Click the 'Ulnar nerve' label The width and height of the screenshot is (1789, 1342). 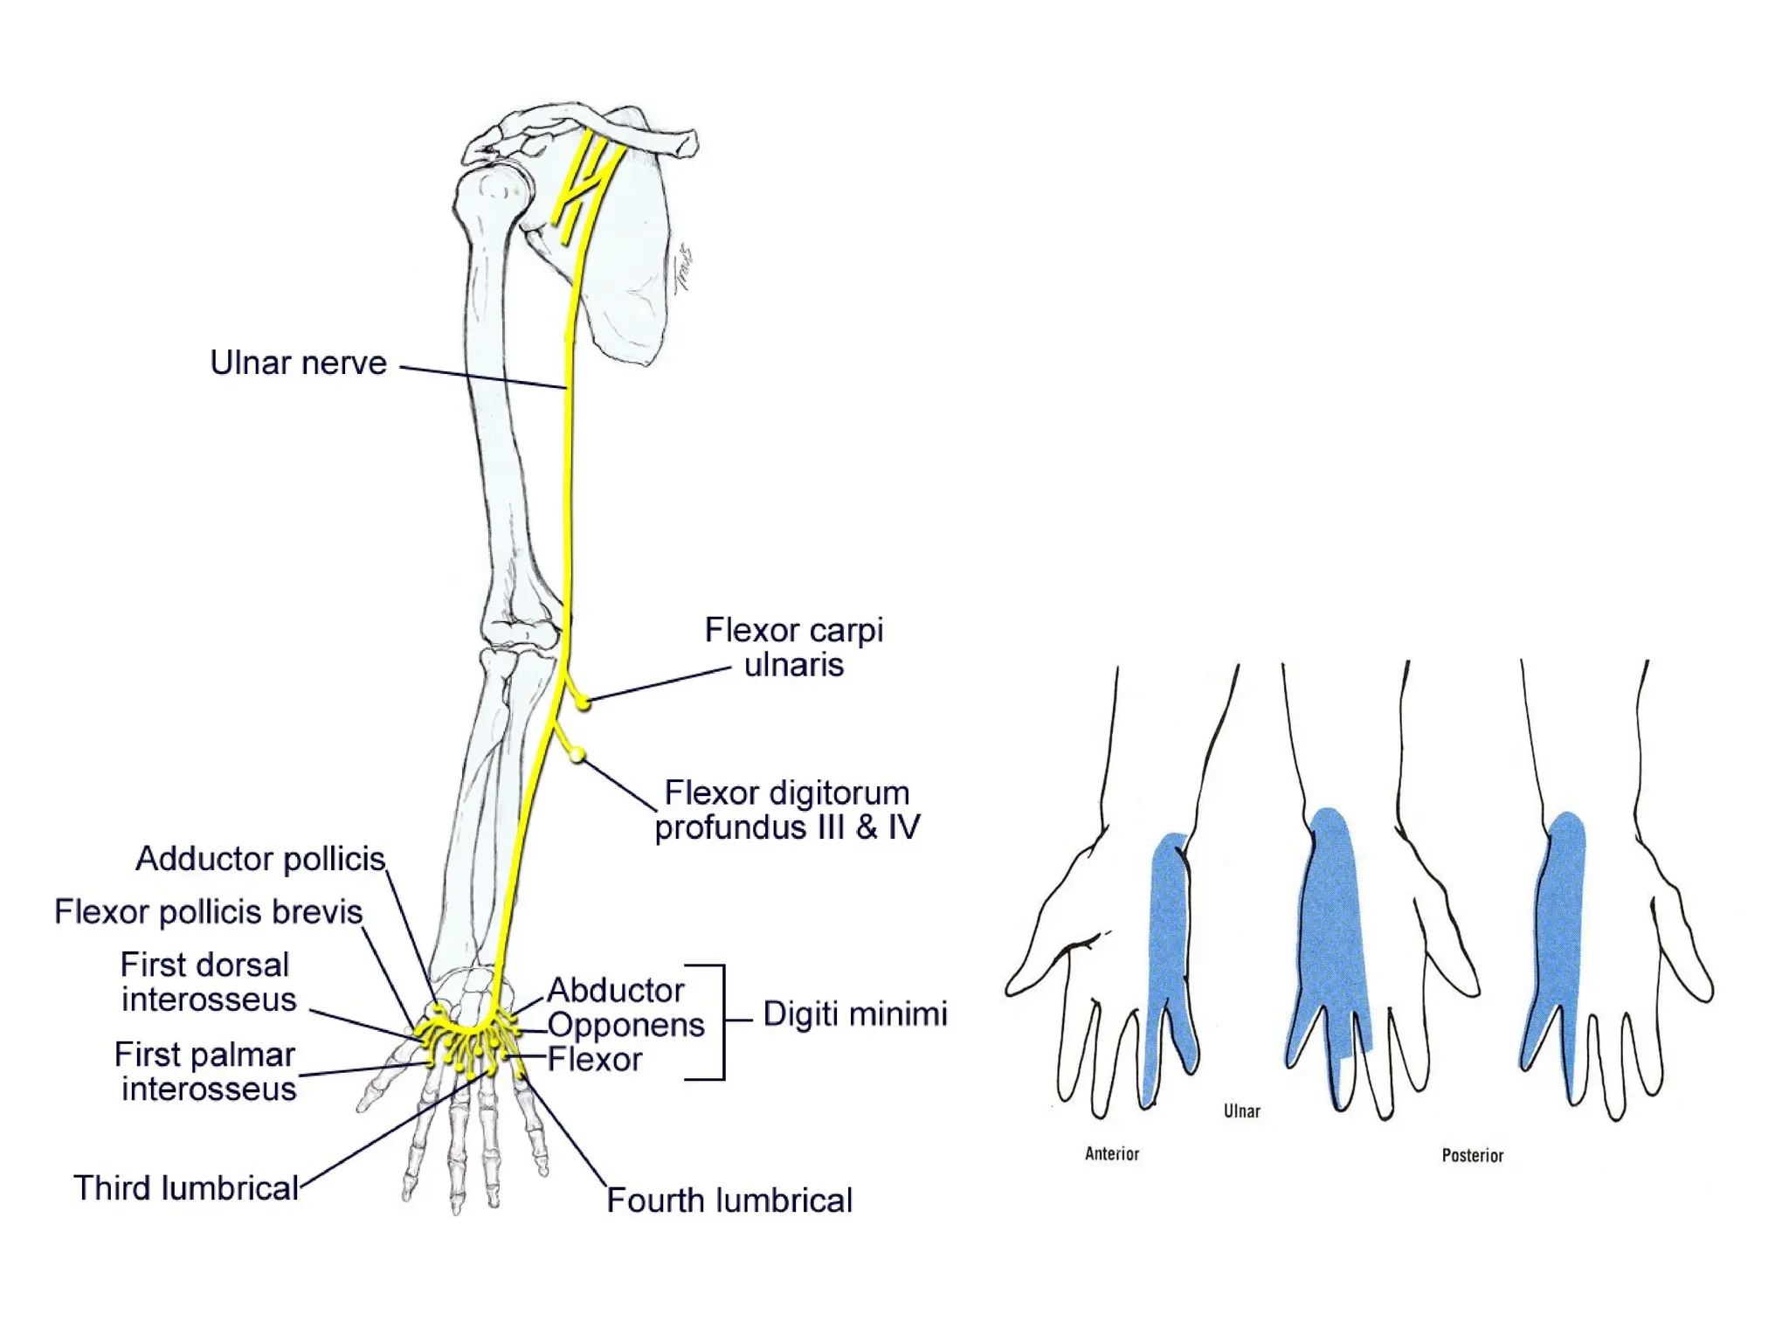pos(298,363)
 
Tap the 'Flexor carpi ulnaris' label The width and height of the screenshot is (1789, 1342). pos(793,647)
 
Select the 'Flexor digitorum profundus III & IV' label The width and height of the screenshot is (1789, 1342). pos(786,810)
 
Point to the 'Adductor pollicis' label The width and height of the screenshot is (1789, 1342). pos(260,859)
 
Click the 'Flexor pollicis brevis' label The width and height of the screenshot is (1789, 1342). pos(208,912)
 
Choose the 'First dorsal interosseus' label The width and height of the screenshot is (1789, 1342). pos(208,982)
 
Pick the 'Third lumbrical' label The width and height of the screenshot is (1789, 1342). pos(186,1188)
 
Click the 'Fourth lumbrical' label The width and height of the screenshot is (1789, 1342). pos(729,1200)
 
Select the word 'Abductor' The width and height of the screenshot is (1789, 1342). pos(615,991)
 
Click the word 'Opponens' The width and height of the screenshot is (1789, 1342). pos(625,1025)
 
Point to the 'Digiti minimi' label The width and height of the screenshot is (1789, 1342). pos(854,1014)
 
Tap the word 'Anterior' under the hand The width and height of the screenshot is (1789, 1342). pos(1112,1154)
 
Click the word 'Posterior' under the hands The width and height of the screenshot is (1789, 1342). pos(1472,1156)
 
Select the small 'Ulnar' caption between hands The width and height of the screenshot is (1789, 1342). pos(1241,1111)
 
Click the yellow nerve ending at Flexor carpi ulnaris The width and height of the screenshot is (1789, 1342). pos(583,702)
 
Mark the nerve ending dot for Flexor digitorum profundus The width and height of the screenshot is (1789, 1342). pos(577,755)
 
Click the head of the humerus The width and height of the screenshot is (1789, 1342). pos(492,192)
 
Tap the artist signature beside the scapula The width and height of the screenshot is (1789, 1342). pos(683,269)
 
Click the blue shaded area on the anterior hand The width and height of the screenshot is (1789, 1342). pos(1169,944)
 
